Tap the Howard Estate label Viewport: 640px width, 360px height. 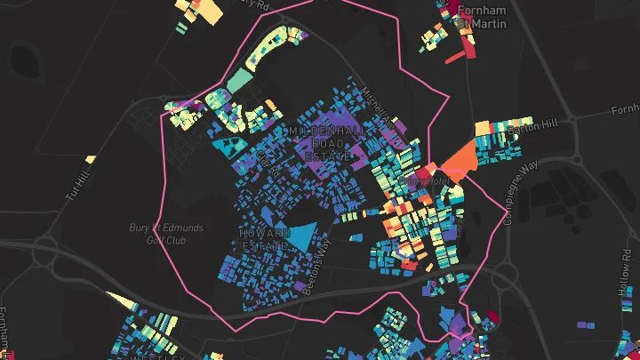(264, 239)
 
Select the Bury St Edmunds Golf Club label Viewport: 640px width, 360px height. (163, 233)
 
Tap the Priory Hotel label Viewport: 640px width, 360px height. (424, 180)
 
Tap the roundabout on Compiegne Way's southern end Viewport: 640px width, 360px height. (504, 275)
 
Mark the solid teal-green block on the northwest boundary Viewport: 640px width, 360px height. (239, 80)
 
